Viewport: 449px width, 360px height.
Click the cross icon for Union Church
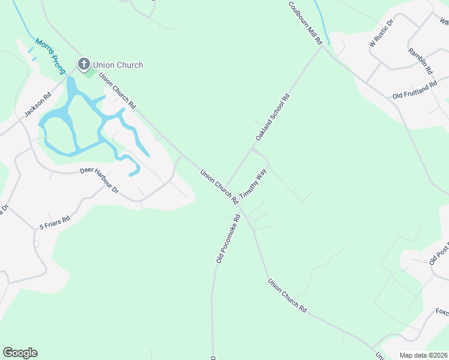click(83, 63)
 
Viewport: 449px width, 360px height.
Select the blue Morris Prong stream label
click(50, 56)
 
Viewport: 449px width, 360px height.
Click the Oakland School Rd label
click(273, 117)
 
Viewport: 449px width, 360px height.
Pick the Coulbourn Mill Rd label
click(306, 23)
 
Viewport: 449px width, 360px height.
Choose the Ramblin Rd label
click(420, 61)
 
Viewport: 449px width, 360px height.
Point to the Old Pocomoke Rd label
click(228, 239)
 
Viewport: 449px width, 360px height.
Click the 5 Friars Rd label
click(55, 223)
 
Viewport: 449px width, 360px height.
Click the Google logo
click(20, 353)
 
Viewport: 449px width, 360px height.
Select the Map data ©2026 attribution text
click(423, 355)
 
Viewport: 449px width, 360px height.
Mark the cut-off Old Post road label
click(438, 254)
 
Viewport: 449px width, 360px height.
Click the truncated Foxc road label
click(442, 312)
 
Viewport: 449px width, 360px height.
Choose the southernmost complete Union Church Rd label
click(288, 295)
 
